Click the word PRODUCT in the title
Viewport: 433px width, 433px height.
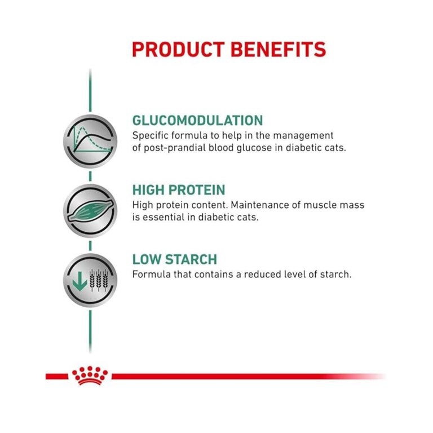pos(178,50)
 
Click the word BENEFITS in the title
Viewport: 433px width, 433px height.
pos(279,50)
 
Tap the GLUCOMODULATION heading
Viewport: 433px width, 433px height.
pos(197,121)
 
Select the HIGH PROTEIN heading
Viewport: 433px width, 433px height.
pos(179,190)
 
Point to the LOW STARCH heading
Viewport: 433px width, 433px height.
pos(175,259)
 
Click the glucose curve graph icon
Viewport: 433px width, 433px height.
pos(90,141)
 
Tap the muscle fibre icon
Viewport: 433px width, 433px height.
pos(90,211)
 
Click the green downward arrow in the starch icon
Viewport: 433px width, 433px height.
pos(80,281)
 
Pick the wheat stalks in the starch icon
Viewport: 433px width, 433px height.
pos(99,280)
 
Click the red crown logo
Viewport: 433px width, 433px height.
pos(90,375)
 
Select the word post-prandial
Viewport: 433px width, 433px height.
pos(175,148)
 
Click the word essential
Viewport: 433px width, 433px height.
pos(163,217)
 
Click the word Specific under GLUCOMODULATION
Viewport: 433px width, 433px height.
pos(150,136)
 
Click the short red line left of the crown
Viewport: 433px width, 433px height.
pos(56,376)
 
